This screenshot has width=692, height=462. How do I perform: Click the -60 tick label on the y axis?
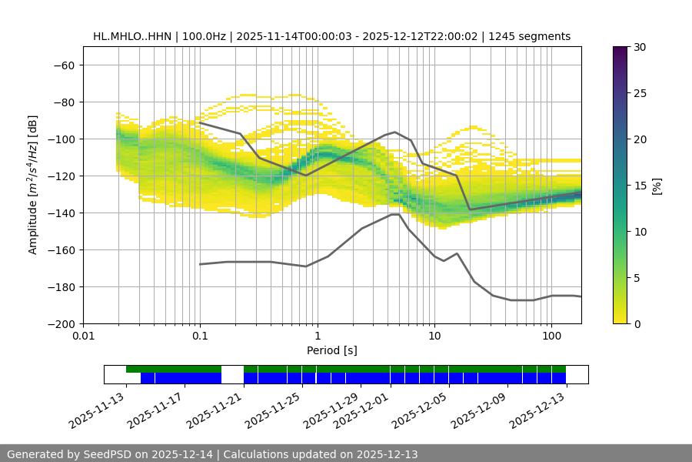63,65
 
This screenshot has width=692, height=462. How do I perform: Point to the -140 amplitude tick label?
60,213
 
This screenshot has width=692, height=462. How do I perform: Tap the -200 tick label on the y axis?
60,323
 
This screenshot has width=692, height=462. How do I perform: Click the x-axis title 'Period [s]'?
332,350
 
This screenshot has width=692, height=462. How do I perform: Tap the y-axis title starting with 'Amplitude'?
33,185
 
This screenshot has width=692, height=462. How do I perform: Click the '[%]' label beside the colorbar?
657,185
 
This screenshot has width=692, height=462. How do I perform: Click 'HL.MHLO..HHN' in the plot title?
128,36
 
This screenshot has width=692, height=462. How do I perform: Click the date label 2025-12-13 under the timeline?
538,410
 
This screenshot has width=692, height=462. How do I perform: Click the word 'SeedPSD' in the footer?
109,454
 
